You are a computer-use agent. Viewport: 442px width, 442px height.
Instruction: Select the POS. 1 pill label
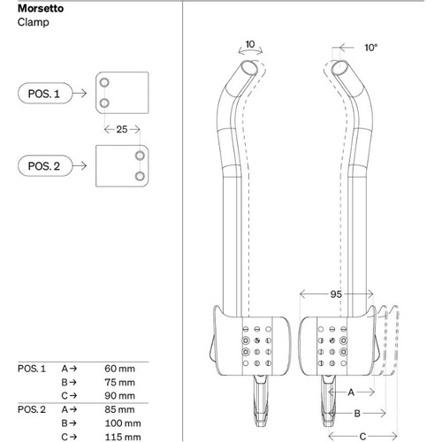[x=44, y=92]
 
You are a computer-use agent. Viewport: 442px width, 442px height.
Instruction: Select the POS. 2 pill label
[x=44, y=165]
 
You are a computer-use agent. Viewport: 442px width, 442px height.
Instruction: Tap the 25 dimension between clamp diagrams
[x=121, y=129]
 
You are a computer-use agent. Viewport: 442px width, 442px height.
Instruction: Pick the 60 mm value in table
[x=119, y=367]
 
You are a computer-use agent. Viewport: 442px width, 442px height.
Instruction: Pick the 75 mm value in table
[x=119, y=381]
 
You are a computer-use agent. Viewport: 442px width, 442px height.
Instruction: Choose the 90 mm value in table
[x=119, y=395]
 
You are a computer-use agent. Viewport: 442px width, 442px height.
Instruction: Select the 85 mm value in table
[x=119, y=409]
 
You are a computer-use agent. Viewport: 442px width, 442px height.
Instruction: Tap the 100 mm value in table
[x=121, y=423]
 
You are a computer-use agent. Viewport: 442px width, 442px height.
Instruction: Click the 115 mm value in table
[x=121, y=437]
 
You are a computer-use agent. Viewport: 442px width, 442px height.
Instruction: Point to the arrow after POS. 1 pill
[x=78, y=92]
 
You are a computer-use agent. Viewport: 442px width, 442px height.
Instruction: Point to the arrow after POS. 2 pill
[x=78, y=165]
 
